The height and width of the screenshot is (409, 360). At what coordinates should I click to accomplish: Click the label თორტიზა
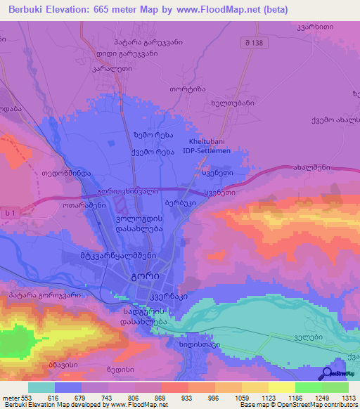(x=202, y=90)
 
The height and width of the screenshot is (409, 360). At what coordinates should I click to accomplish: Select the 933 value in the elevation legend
(x=186, y=398)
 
